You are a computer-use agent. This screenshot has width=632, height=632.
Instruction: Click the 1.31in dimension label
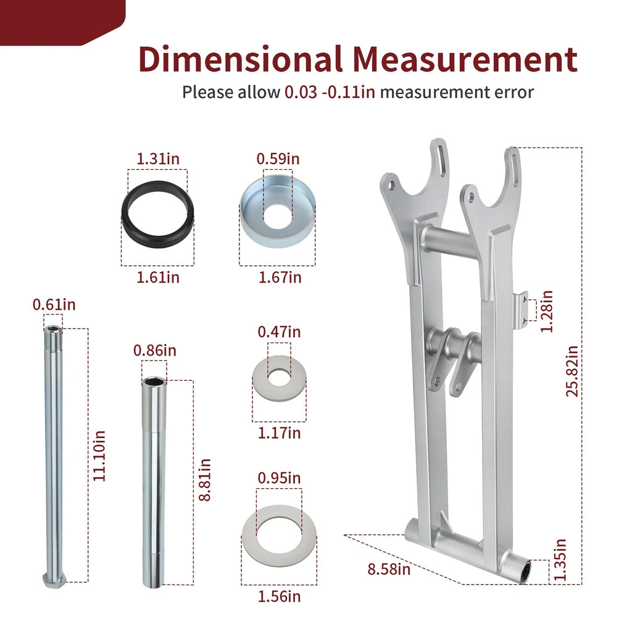tap(158, 159)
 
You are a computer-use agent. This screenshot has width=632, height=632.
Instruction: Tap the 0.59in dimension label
tap(278, 159)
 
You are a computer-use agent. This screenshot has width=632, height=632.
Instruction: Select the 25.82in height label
tap(572, 371)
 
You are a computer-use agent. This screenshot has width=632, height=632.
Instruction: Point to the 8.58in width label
tap(389, 569)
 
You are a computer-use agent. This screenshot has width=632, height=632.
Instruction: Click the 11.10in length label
tap(99, 456)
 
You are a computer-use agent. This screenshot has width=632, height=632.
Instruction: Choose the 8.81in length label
tap(205, 480)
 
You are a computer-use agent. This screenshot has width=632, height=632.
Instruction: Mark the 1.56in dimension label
tap(280, 597)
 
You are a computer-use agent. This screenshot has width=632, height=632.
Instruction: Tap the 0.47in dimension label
tap(280, 332)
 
